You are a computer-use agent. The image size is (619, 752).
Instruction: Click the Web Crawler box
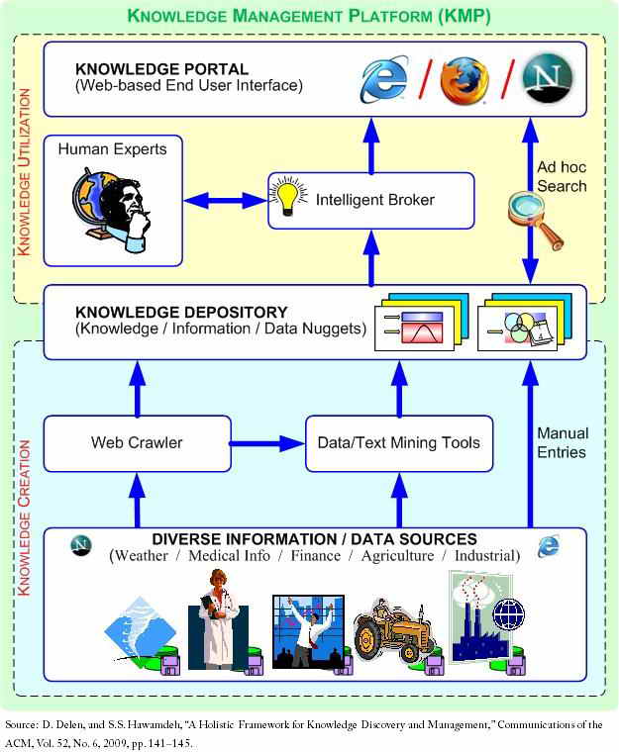click(x=137, y=442)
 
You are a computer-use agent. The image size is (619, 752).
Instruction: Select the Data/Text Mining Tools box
click(x=399, y=442)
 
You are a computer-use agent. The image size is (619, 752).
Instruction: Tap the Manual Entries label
click(x=563, y=442)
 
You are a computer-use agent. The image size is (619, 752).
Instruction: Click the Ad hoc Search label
click(x=563, y=177)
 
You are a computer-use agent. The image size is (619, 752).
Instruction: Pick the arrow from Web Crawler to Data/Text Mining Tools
click(x=267, y=442)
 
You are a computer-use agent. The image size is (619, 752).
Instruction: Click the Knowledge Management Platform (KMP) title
click(x=309, y=16)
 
